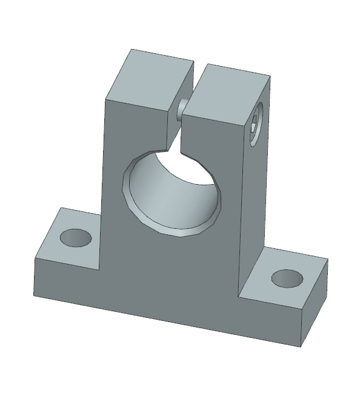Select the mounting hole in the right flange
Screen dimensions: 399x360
click(x=287, y=278)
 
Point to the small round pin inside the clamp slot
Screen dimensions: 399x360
click(x=181, y=110)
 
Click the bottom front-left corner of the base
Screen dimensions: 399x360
click(x=35, y=297)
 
